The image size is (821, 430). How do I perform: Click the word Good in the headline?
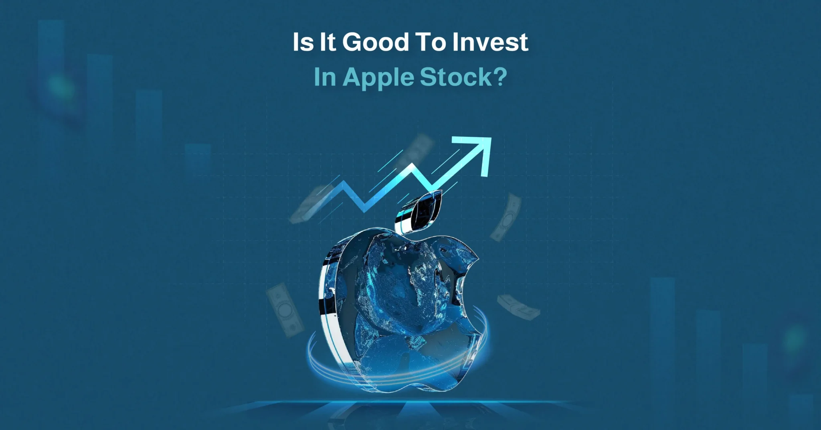376,42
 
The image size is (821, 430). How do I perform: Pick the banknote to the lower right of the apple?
519,307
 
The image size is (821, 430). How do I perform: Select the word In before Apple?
325,77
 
